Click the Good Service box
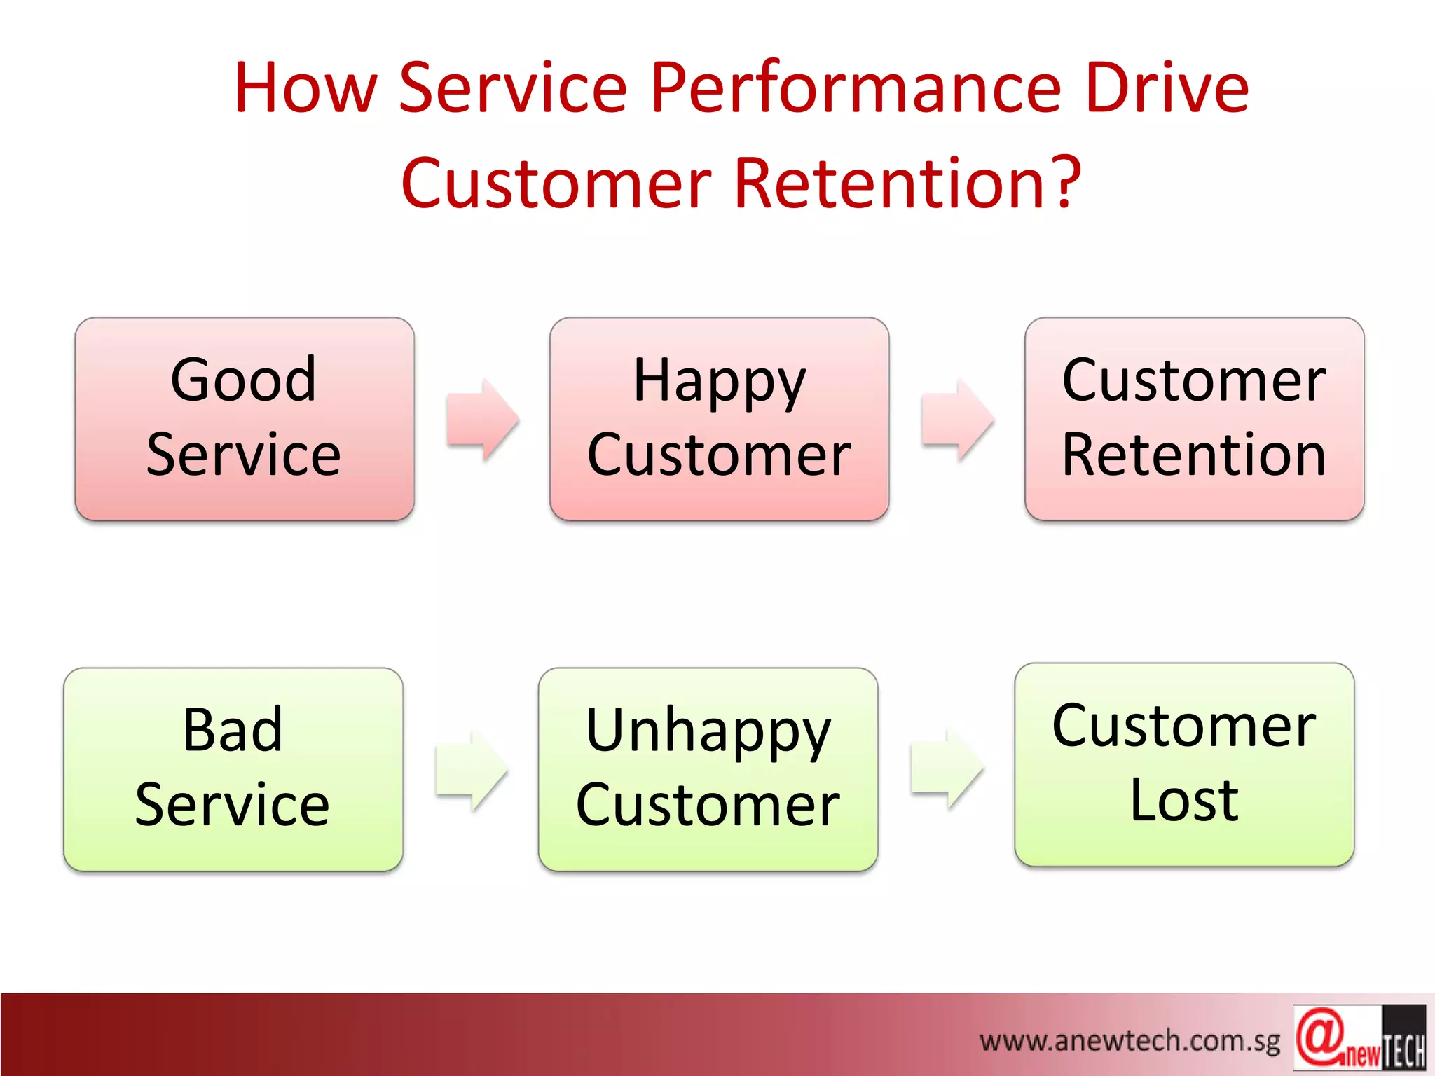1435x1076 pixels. click(x=245, y=419)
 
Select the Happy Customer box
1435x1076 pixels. click(x=719, y=419)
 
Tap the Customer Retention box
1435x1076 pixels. click(x=1194, y=419)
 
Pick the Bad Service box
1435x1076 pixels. click(x=233, y=769)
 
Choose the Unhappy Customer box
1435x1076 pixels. click(x=708, y=769)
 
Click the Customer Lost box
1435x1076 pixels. click(x=1184, y=764)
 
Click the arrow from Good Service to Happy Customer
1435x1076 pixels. click(x=483, y=419)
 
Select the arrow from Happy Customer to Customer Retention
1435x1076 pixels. click(x=957, y=419)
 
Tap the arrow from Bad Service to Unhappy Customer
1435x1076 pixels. click(x=472, y=771)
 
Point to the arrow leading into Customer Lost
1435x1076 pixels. click(x=947, y=768)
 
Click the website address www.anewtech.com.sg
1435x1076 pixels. click(x=1130, y=1041)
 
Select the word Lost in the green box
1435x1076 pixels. click(x=1184, y=800)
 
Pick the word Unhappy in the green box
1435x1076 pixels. click(x=708, y=731)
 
